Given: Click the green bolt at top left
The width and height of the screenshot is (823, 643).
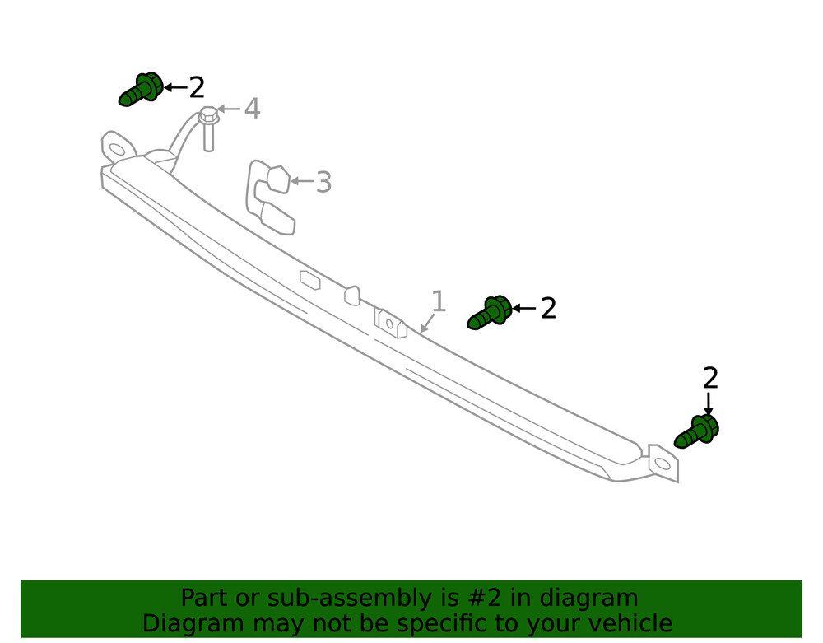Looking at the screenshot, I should click(141, 90).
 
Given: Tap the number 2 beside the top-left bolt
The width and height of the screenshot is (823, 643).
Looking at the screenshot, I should click(197, 87).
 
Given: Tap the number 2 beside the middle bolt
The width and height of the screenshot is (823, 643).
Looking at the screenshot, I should click(548, 309).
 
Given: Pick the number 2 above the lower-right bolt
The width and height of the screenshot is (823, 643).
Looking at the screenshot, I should click(710, 378).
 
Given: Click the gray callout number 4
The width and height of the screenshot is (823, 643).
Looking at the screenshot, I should click(252, 109).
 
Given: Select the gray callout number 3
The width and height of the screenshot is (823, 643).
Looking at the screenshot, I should click(323, 182).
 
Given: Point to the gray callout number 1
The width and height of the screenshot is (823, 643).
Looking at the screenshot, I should click(439, 301).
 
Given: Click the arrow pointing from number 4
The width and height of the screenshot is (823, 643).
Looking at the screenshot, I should click(229, 109).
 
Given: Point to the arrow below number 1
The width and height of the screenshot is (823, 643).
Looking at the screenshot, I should click(427, 324).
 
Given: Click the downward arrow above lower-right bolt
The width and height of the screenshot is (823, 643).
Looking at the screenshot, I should click(708, 404).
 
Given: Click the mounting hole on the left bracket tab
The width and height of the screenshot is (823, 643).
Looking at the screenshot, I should click(118, 150).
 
